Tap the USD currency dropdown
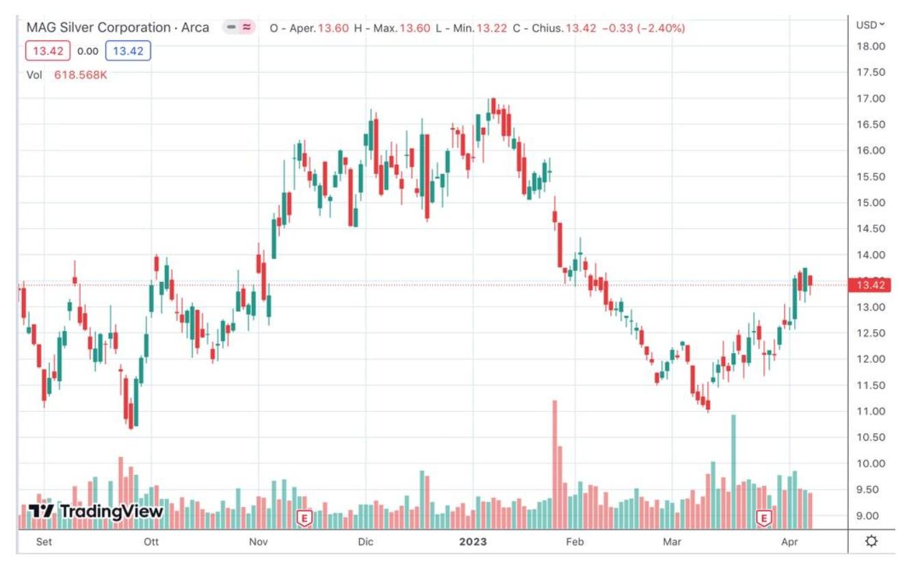pos(869,25)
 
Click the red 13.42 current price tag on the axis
pos(869,285)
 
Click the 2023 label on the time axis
pos(473,542)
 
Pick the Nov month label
pos(258,542)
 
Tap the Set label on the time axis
pos(43,542)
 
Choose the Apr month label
pos(789,542)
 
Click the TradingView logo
pos(96,511)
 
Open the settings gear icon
pos(871,541)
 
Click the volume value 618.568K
pos(81,75)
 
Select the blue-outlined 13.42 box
pos(129,51)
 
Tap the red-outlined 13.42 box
pos(48,51)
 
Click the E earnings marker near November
pos(304,518)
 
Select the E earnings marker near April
pos(763,518)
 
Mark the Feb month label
pos(574,542)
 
